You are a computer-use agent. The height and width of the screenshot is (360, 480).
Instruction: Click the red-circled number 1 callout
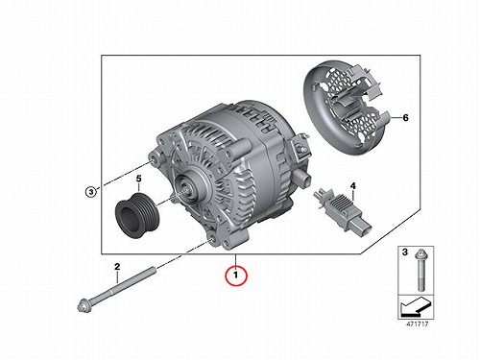click(236, 275)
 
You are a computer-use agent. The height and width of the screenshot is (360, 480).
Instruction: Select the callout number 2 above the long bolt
click(117, 266)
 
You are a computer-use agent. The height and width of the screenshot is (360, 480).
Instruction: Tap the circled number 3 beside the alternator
click(91, 192)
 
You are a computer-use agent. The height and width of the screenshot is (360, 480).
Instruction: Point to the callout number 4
click(353, 185)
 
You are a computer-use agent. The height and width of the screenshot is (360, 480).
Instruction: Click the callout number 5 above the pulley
click(138, 179)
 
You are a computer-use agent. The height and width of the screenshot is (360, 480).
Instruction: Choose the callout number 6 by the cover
click(405, 118)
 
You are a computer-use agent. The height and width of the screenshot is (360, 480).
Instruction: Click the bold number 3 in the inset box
click(405, 252)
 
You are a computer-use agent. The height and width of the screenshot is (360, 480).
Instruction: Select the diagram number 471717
click(417, 324)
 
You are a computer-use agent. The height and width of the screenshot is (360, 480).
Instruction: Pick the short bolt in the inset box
click(420, 271)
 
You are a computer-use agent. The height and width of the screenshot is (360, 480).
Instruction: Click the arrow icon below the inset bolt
click(416, 306)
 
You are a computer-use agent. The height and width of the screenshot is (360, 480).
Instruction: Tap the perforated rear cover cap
click(348, 110)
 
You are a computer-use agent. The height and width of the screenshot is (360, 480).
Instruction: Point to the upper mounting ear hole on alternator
click(154, 159)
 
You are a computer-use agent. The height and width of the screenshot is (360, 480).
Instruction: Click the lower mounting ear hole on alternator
click(212, 241)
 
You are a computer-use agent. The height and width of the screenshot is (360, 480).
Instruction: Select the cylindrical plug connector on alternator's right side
click(303, 178)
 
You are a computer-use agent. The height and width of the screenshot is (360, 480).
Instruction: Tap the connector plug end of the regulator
click(363, 228)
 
